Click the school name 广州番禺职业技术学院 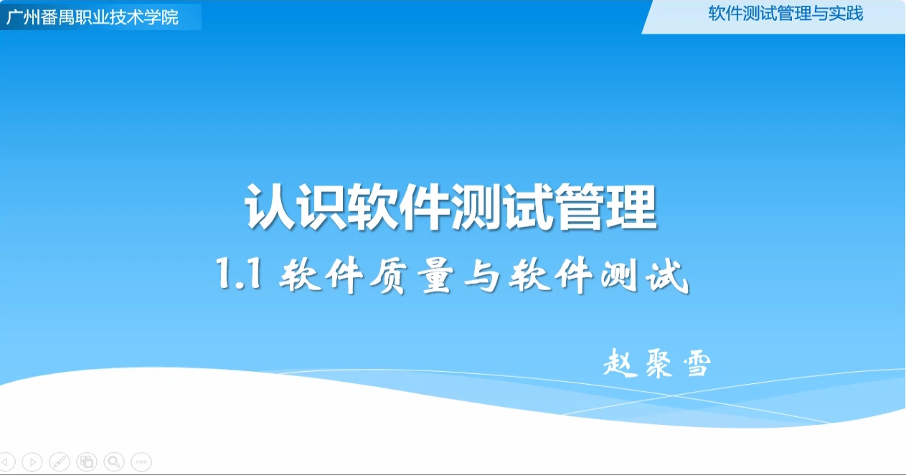[93, 17]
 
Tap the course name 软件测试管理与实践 [785, 14]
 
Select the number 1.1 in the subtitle [239, 274]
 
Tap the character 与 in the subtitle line [482, 275]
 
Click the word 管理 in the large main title [606, 207]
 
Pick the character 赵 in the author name [620, 363]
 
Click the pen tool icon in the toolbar [60, 461]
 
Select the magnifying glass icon [114, 461]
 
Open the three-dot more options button [141, 461]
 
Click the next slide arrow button [32, 461]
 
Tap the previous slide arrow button [6, 461]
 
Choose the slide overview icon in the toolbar [87, 461]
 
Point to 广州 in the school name [23, 17]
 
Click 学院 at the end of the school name [161, 17]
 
